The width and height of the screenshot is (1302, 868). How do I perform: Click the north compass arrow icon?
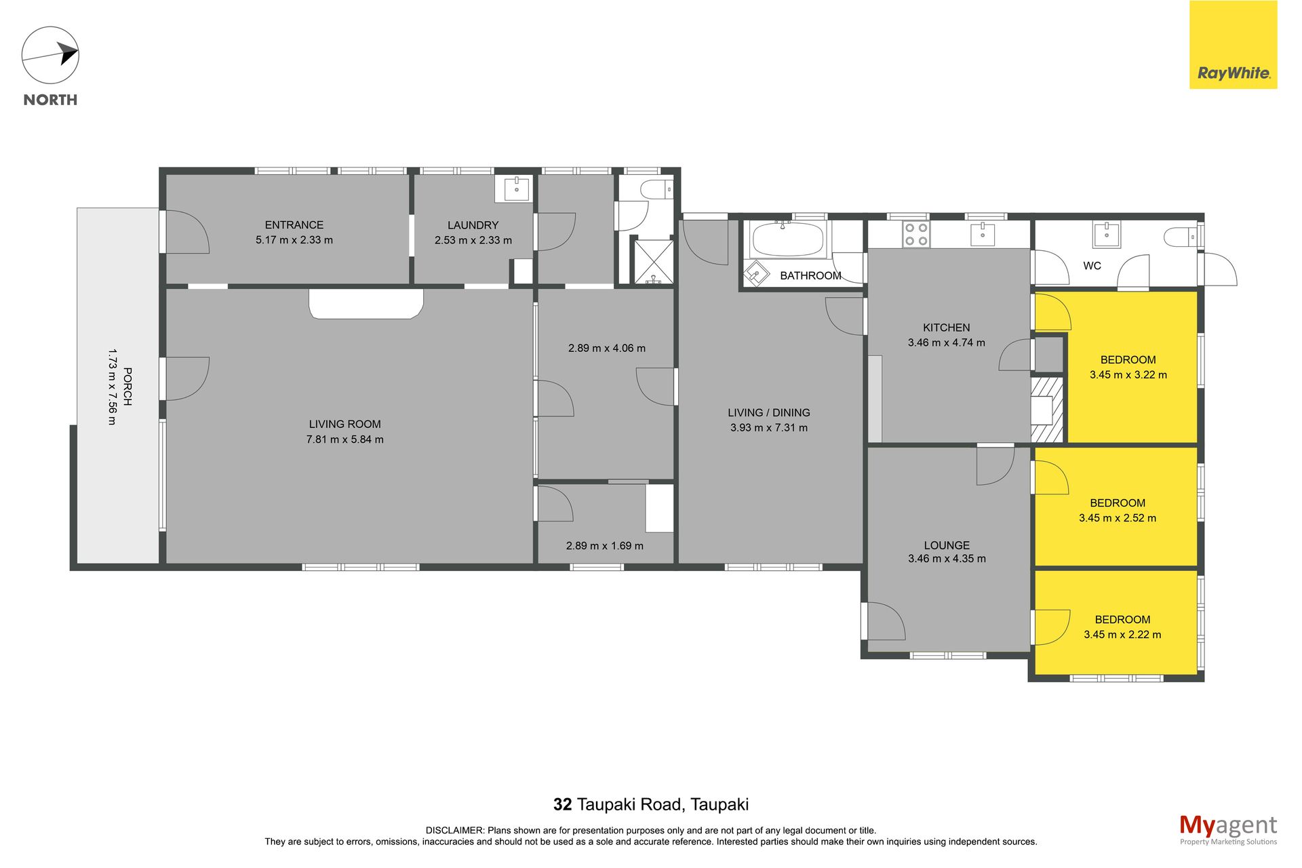(50, 56)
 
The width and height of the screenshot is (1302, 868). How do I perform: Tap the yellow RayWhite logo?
(1233, 45)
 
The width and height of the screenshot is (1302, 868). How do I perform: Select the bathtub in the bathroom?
(787, 240)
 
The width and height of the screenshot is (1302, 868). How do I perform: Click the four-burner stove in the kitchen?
(915, 235)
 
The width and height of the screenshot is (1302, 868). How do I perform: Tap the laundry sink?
(517, 189)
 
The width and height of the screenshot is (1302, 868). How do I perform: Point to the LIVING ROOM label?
(344, 425)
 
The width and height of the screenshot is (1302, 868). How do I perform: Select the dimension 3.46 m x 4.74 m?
(947, 343)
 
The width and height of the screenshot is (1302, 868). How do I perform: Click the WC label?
(1092, 266)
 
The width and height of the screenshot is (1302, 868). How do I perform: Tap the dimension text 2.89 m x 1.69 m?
(605, 546)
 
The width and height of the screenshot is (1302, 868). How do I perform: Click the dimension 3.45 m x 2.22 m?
(1122, 635)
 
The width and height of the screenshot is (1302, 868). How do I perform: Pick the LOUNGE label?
(947, 545)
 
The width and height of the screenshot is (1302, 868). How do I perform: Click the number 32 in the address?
(563, 805)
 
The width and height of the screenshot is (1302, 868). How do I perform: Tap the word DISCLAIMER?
(454, 831)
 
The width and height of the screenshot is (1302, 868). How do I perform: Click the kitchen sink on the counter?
(983, 235)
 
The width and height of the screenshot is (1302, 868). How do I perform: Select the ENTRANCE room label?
(294, 225)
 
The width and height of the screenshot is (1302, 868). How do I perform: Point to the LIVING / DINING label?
(769, 413)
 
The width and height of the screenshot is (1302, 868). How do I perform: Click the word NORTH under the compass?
(50, 100)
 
